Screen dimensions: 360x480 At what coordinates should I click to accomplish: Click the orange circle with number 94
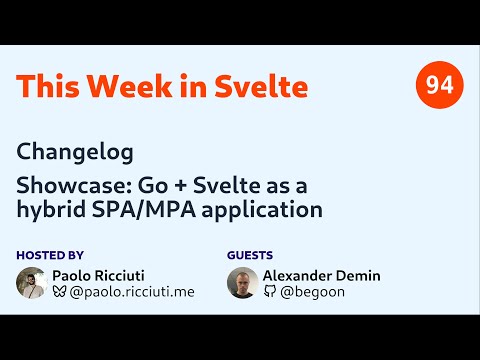pyautogui.click(x=439, y=86)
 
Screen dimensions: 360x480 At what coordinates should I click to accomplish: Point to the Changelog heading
pyautogui.click(x=75, y=153)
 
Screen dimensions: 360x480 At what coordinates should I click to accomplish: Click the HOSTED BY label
pyautogui.click(x=50, y=255)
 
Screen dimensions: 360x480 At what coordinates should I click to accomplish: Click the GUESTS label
pyautogui.click(x=250, y=255)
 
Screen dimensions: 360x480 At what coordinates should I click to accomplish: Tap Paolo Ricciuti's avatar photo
pyautogui.click(x=32, y=283)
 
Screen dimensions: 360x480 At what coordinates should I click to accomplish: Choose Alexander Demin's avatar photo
pyautogui.click(x=243, y=283)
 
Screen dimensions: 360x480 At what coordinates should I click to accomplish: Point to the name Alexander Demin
pyautogui.click(x=323, y=275)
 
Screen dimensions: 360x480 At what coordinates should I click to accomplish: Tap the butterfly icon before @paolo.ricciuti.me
pyautogui.click(x=60, y=292)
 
